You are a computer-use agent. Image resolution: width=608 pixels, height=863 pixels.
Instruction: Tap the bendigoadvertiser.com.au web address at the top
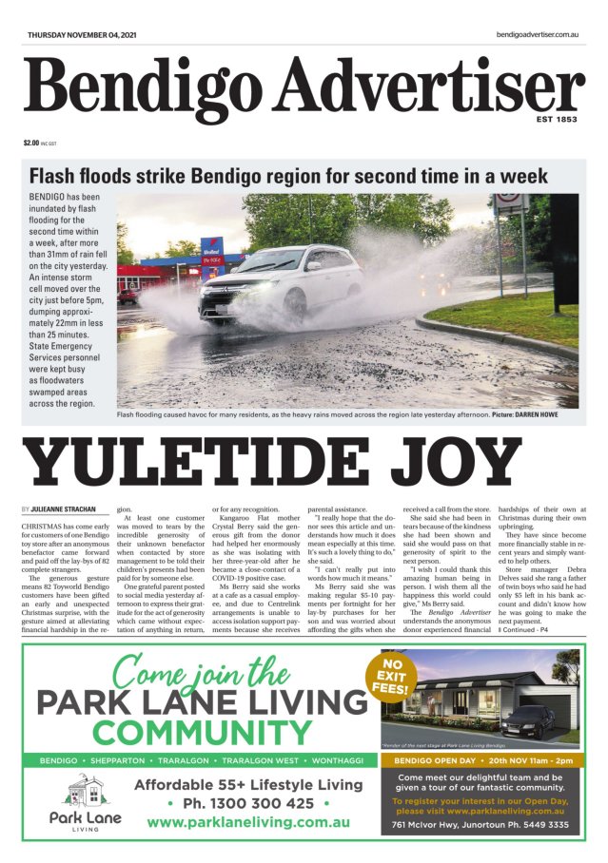(x=538, y=35)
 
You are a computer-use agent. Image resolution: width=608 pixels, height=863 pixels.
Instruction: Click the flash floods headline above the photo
(x=288, y=177)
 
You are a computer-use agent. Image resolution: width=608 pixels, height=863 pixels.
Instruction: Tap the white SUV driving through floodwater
(x=281, y=280)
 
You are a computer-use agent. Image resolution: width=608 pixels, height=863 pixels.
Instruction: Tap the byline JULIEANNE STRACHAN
(x=61, y=510)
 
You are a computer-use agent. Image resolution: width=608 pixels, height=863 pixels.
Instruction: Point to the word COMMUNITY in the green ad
(x=202, y=733)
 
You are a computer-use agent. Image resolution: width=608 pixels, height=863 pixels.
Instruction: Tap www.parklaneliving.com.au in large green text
(x=248, y=822)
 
